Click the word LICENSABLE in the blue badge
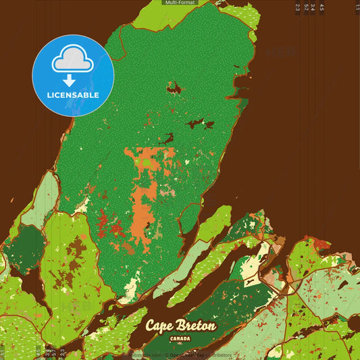(73, 95)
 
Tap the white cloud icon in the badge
(73, 61)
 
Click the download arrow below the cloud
(73, 80)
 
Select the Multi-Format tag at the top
(179, 3)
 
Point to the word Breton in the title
(198, 325)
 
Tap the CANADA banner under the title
(180, 338)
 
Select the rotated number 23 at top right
(298, 7)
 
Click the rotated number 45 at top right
(322, 7)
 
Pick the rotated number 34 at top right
(313, 7)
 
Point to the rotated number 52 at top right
(306, 7)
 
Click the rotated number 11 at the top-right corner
(357, 7)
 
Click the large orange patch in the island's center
(142, 203)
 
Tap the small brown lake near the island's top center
(174, 87)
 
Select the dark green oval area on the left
(25, 244)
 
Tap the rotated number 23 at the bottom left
(62, 352)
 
